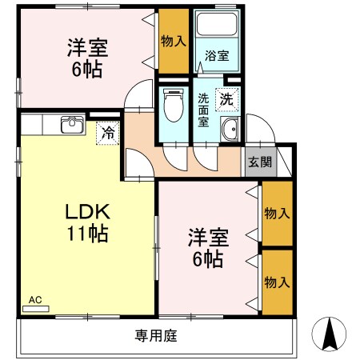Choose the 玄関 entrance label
[259, 162]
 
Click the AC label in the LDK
[34, 300]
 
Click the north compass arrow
[330, 333]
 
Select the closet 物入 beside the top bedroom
[172, 39]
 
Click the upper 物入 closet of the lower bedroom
[277, 214]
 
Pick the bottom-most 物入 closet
[277, 282]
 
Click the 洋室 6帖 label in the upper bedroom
[84, 58]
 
